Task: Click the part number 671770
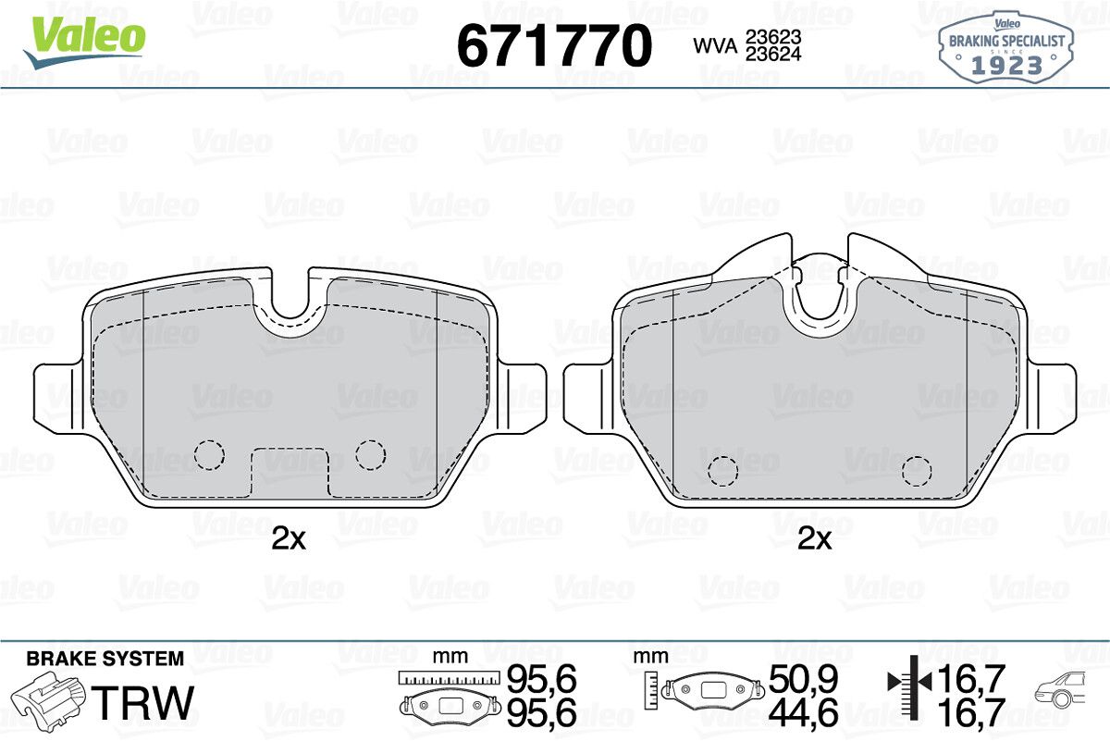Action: point(554,45)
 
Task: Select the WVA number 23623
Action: point(773,37)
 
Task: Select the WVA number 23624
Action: point(773,54)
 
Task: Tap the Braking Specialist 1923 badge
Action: point(1006,47)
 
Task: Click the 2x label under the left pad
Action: point(289,538)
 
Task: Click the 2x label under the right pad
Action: point(815,538)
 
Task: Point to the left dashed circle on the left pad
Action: point(209,454)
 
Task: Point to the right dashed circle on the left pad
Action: point(370,454)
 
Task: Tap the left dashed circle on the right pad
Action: point(723,470)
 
